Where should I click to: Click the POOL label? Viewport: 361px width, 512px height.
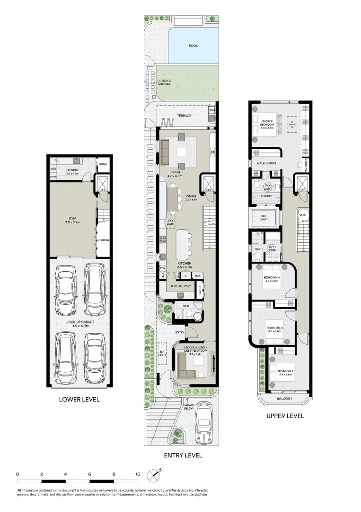(x=193, y=46)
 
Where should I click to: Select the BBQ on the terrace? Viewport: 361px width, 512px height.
(x=212, y=110)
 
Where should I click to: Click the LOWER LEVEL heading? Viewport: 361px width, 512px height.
(x=79, y=399)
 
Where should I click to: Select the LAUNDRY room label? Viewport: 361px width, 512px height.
(x=72, y=171)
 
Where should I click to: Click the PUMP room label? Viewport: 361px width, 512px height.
(x=103, y=165)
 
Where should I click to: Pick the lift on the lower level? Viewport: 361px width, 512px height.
(x=103, y=184)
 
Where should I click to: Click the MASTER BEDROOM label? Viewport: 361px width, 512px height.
(x=268, y=124)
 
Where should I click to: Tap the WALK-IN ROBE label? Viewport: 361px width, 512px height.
(x=266, y=163)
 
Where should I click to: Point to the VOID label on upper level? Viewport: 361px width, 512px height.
(x=302, y=215)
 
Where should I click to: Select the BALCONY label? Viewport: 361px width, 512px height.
(x=284, y=398)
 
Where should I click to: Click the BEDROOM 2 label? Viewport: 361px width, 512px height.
(x=285, y=373)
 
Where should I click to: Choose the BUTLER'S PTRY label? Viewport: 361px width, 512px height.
(x=179, y=286)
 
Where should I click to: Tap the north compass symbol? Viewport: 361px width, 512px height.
(x=154, y=474)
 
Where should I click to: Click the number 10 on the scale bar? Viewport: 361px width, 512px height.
(x=138, y=474)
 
